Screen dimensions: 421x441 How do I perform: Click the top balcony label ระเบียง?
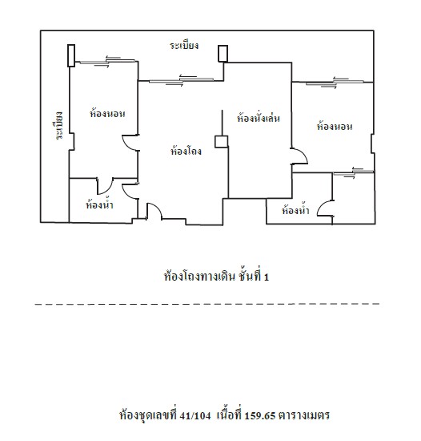coord(184,45)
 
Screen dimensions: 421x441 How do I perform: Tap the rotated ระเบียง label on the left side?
coord(59,125)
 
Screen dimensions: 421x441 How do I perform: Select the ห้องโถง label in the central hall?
coord(186,151)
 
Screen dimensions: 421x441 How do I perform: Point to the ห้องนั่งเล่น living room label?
coord(259,118)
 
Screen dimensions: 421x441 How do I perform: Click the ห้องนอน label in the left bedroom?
coord(107,113)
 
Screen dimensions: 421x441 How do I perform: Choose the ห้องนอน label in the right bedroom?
coord(335,126)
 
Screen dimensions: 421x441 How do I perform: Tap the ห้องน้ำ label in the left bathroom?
coord(99,204)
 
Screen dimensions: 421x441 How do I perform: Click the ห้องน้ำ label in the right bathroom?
coord(295,210)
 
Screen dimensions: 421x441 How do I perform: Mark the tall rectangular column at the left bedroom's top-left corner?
coord(71,55)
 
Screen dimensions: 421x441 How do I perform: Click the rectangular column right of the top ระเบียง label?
coord(223,54)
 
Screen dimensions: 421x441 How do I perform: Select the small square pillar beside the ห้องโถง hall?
coord(221,141)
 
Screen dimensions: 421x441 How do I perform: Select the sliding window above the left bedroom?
coord(107,62)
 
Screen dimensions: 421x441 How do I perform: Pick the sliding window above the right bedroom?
coord(335,83)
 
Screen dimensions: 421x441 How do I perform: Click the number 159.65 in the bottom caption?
coord(260,415)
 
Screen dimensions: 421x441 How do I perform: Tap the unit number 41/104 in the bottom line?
coord(195,415)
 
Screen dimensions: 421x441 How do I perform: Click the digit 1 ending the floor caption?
coord(267,277)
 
